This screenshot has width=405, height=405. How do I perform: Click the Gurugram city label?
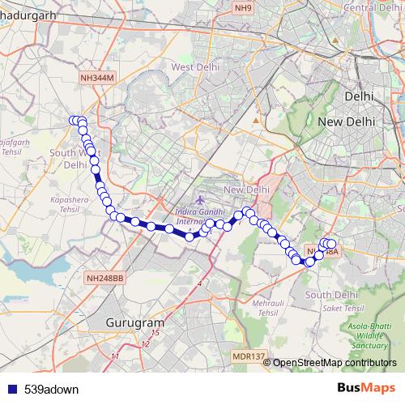click(x=129, y=322)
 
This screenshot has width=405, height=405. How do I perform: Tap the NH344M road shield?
click(x=99, y=77)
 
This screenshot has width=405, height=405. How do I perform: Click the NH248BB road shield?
click(x=104, y=279)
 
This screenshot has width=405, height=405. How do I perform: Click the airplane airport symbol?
click(x=200, y=199)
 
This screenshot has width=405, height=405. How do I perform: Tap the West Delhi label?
click(x=192, y=67)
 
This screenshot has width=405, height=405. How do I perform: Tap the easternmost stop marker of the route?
click(x=331, y=244)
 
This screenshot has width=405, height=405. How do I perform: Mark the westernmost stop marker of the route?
click(x=73, y=121)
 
